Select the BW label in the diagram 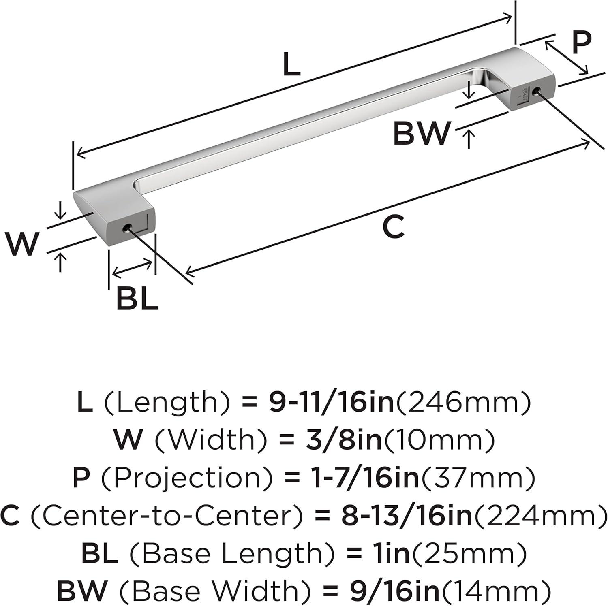pos(422,133)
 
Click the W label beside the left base pos(22,243)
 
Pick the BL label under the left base pos(137,299)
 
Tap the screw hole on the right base pos(538,91)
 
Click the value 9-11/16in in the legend pos(331,402)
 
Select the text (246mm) pos(463,402)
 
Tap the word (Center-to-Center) pos(167,516)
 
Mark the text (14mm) pos(496,591)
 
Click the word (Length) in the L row pos(166,402)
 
